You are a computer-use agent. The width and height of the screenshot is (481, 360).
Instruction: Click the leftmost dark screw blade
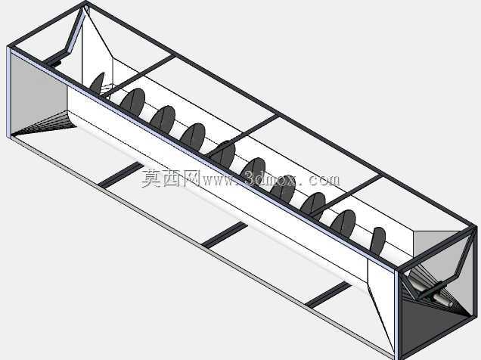[x=98, y=83]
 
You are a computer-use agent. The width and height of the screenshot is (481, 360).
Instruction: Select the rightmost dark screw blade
[x=377, y=241]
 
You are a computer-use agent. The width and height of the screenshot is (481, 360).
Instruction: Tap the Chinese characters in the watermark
[x=171, y=178]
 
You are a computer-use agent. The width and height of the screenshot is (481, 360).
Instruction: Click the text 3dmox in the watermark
[x=270, y=179]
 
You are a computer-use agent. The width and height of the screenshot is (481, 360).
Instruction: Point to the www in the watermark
[x=218, y=181]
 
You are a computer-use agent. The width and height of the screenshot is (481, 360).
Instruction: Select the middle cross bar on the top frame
[x=242, y=135]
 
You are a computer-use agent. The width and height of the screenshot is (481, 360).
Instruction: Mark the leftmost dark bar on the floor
[x=120, y=175]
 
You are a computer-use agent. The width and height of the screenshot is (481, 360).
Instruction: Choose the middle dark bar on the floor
[x=225, y=235]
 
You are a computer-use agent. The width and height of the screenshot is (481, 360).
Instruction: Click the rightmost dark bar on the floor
[x=328, y=294]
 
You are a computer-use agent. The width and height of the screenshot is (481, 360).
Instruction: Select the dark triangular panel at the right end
[x=430, y=325]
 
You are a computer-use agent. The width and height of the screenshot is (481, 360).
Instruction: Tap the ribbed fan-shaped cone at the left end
[x=46, y=123]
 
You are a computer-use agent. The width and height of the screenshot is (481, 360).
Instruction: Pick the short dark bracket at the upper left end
[x=53, y=63]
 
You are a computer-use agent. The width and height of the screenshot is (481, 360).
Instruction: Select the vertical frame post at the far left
[x=8, y=92]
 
